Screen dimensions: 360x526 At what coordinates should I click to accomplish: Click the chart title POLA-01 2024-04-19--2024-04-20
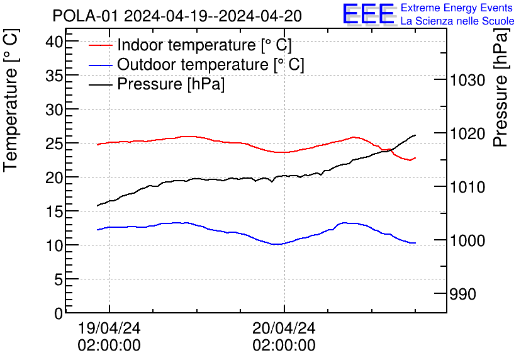[177, 16]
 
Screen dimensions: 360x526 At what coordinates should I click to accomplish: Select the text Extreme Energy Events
[457, 8]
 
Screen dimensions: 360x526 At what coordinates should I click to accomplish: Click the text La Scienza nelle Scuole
[457, 21]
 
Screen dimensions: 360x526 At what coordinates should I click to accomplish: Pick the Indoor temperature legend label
[204, 45]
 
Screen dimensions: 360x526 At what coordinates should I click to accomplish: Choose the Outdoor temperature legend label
[211, 65]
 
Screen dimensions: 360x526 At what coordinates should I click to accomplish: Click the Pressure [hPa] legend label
[171, 84]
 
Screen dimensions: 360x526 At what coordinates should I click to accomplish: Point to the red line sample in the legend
[101, 45]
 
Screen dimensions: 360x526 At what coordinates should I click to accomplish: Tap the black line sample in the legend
[101, 84]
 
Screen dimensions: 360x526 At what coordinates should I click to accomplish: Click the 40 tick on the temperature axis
[55, 42]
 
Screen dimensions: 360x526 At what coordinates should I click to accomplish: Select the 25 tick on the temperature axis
[55, 143]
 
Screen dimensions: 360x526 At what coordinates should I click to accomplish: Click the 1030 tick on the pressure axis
[467, 80]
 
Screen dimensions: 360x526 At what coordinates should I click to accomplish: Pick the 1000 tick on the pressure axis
[467, 240]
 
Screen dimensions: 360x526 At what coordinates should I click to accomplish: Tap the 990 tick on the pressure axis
[462, 294]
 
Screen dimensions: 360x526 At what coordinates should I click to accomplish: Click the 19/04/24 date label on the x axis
[109, 328]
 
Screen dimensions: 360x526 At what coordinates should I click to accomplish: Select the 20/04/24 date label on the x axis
[284, 328]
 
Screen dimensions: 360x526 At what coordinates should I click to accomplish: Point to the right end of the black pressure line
[415, 135]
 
